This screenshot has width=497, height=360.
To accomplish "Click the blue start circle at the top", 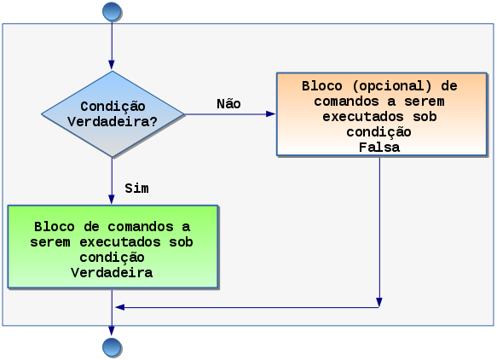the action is pos(112,11).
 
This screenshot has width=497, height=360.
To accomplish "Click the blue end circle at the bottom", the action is pos(112,347).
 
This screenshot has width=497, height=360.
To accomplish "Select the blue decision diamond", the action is pos(113,114).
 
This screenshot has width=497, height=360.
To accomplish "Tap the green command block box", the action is pos(113,247).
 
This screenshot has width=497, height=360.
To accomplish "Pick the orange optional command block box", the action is pos(382,114).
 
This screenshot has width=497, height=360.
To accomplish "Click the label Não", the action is pos(228,104).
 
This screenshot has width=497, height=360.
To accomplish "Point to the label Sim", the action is pos(136,189).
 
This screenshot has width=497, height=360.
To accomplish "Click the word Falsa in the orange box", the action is pos(379,148).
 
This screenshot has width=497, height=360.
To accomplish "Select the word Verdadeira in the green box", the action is pos(112,273).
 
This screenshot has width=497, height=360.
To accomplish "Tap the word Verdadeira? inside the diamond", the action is pos(113,122).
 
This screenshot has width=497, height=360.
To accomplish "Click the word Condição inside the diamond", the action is pos(113,107).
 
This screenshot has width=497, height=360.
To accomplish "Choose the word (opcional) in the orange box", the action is pos(391,87).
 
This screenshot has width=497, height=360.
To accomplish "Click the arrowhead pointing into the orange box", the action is pos(270,114).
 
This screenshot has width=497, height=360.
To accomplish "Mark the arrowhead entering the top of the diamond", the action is pos(112,65).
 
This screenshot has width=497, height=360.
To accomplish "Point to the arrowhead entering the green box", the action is pos(112,199).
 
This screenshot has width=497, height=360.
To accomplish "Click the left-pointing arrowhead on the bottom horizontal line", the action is pos(120,307).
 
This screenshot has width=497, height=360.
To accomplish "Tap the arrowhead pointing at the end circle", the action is pos(112,330).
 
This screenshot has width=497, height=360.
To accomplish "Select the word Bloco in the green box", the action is pos(55,227).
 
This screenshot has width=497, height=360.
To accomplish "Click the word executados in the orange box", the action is pos(363,117).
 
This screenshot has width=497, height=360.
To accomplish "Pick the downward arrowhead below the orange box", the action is pos(379,302).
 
